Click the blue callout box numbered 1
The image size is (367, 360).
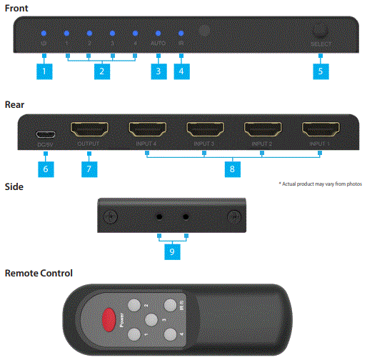pos(44,72)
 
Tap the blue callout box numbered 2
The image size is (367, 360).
pos(101,72)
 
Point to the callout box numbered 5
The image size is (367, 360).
pos(321,72)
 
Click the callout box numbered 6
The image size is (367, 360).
pos(44,169)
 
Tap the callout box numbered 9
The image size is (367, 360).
pos(172,251)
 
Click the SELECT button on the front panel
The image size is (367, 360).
pos(321,33)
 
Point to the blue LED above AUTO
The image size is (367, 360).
pos(159,34)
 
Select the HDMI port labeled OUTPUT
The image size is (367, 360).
pos(90,131)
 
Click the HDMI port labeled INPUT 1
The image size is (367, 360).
pos(320,131)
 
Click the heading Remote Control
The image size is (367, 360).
pos(39,274)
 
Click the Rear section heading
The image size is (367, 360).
pos(15,104)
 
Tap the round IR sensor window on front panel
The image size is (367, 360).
pos(206,32)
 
